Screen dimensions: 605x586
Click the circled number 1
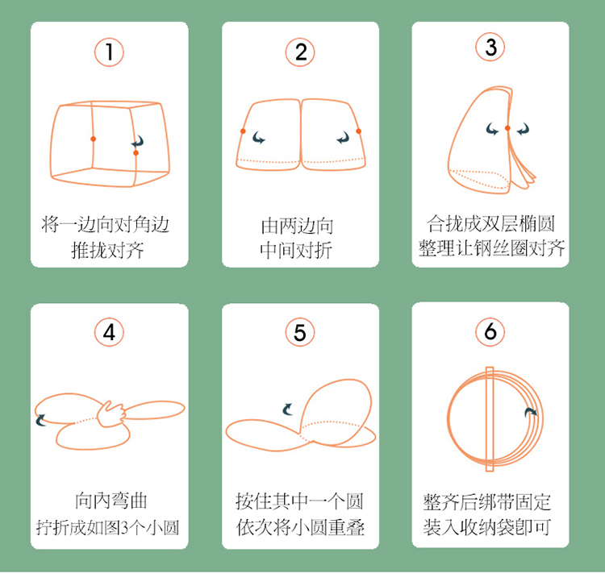coord(109,52)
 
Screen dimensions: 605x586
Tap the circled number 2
coord(300,52)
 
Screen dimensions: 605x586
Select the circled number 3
coord(490,47)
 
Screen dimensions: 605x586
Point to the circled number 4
coord(109,332)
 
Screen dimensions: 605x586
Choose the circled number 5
coord(300,332)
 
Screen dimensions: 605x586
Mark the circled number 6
coord(490,331)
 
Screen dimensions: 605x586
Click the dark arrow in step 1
coord(138,142)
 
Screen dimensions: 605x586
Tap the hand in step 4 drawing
coord(111,414)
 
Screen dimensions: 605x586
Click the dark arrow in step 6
coord(530,412)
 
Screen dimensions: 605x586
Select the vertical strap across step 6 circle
coord(490,419)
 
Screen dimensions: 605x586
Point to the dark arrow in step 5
coord(287,409)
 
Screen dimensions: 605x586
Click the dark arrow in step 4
coord(40,420)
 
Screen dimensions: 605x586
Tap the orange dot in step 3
coord(507,128)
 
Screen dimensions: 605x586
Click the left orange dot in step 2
coord(243,131)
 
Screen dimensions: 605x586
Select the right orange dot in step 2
coord(358,131)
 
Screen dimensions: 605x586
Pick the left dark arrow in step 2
coord(258,137)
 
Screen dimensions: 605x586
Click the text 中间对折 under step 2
coord(296,251)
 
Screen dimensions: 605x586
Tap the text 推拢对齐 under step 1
coord(107,251)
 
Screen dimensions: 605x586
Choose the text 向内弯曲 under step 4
coord(111,501)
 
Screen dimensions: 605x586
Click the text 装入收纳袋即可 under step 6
coord(487,527)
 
